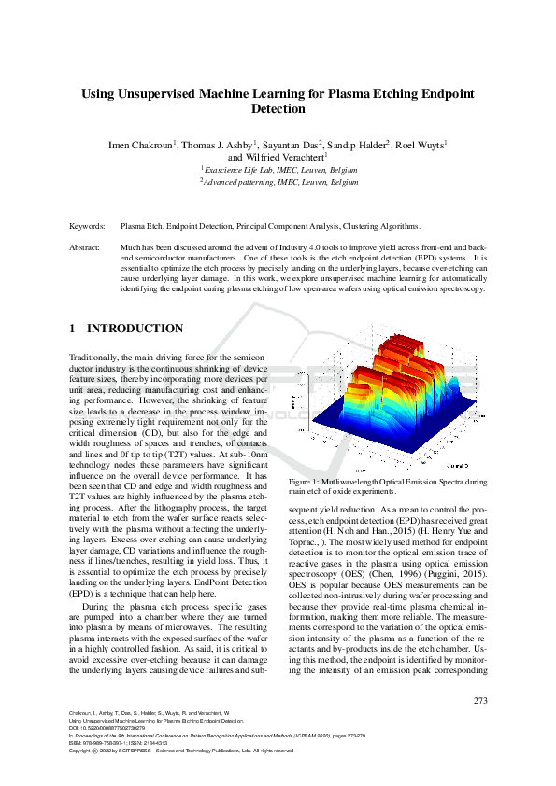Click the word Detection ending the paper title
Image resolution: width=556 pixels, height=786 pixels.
click(278, 109)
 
